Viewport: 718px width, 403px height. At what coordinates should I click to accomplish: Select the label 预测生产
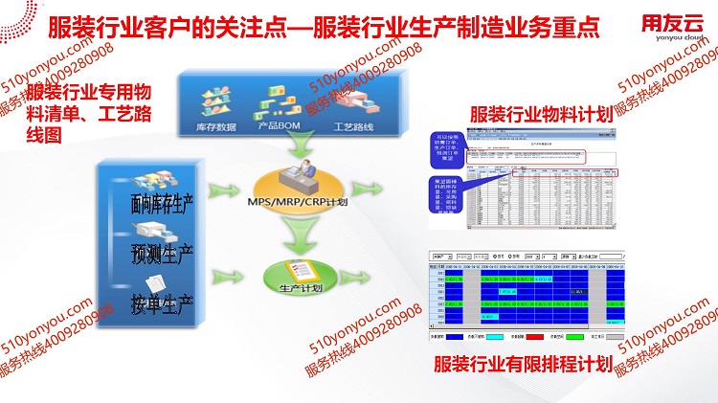click(163, 254)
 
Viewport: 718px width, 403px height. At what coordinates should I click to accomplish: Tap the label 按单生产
click(163, 306)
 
